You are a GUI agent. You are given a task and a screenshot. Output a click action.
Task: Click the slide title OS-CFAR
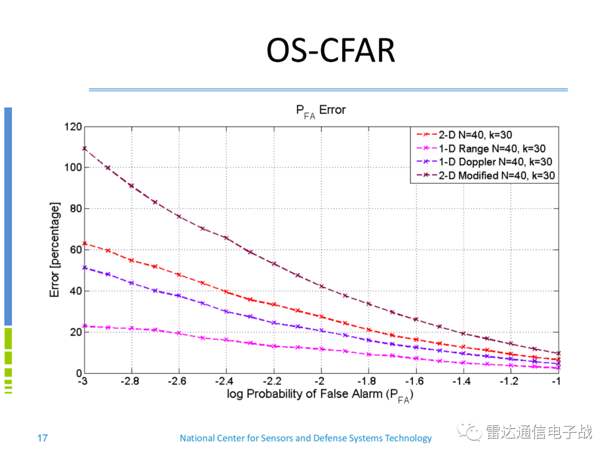(x=330, y=50)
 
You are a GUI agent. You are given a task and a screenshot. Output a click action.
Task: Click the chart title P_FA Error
(x=320, y=110)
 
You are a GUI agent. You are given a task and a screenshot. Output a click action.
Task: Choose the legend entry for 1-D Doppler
(x=483, y=162)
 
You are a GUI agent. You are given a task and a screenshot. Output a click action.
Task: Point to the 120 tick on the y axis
(x=72, y=126)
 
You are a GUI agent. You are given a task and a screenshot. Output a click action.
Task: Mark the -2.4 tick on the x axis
(x=226, y=382)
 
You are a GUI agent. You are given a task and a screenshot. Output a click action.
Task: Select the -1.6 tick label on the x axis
(x=415, y=382)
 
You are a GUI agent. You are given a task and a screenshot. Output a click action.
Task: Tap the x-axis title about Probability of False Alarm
(x=320, y=395)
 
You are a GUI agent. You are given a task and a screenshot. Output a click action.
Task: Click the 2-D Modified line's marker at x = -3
(x=84, y=148)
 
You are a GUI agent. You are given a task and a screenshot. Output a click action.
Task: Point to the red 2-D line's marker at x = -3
(x=84, y=244)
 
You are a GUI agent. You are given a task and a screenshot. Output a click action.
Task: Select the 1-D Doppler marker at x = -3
(x=84, y=267)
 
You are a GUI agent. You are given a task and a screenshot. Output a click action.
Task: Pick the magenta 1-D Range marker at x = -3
(x=84, y=326)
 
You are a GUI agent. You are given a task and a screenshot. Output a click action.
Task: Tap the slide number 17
(x=42, y=438)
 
